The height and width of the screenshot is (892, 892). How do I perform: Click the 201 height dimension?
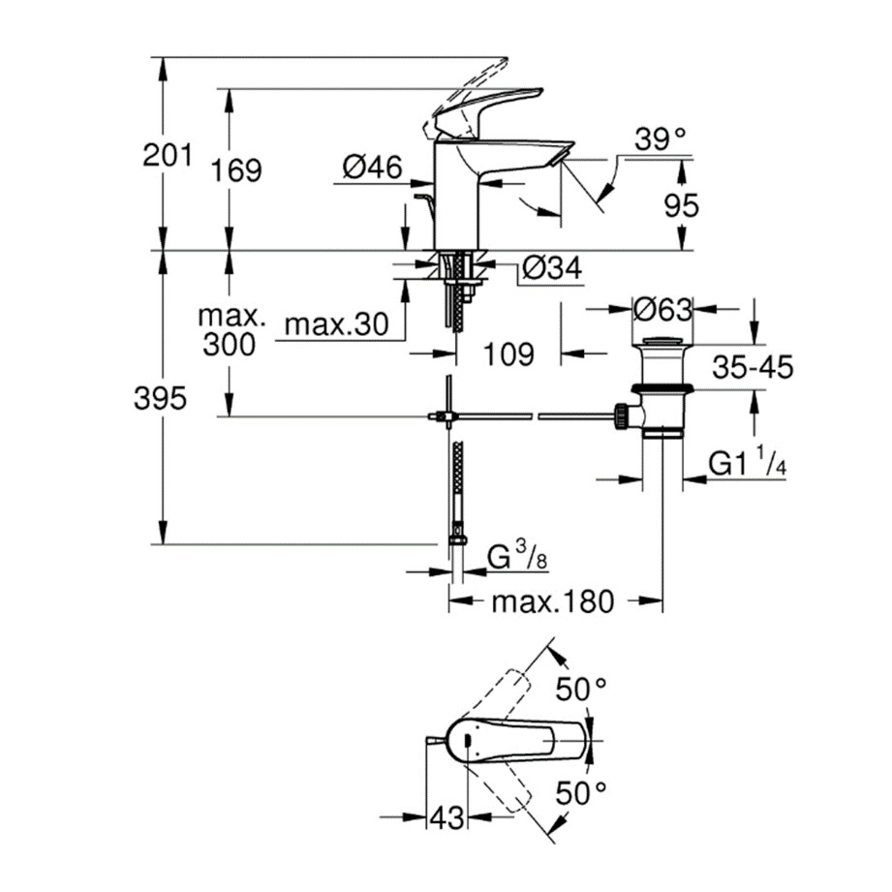[168, 154]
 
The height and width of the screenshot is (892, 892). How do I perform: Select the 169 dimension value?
[237, 170]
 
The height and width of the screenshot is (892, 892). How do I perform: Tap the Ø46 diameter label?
[372, 168]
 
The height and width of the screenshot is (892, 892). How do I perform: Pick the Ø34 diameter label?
[550, 270]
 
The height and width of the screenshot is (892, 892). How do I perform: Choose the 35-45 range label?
[752, 367]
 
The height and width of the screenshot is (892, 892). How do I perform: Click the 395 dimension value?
[160, 399]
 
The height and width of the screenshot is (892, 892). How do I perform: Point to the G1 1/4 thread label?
[747, 465]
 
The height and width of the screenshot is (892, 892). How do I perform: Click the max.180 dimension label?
[552, 602]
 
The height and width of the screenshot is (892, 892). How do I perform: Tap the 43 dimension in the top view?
[446, 818]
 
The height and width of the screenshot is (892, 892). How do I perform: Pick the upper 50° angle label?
[581, 690]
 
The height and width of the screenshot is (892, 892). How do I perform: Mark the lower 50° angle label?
[582, 793]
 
